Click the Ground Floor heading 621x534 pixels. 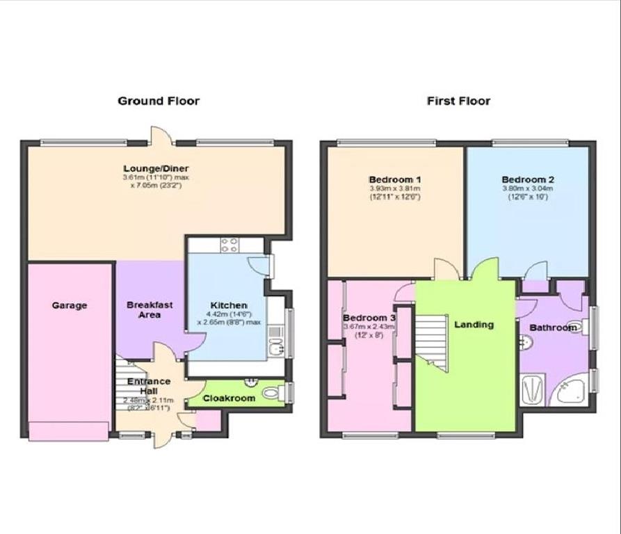[x=159, y=101]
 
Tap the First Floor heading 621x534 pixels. [x=458, y=101]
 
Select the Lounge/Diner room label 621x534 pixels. [x=156, y=168]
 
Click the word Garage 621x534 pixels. [x=69, y=305]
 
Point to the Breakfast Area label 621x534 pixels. [x=150, y=309]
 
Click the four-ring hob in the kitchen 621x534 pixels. [x=229, y=245]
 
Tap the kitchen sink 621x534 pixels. [x=276, y=345]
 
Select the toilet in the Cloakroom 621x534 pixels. [x=271, y=394]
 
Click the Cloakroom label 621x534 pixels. [x=229, y=398]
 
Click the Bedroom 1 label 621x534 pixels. [x=394, y=179]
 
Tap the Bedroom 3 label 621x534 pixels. [x=369, y=318]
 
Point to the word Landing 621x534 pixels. [x=474, y=324]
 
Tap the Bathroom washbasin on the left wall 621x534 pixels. [x=525, y=341]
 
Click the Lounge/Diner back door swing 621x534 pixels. [x=159, y=135]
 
